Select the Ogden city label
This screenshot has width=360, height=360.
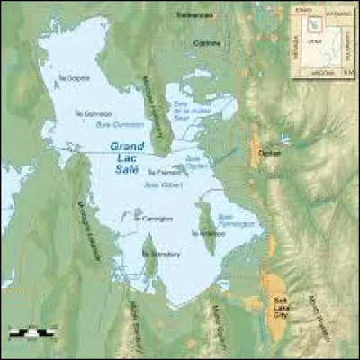(269, 153)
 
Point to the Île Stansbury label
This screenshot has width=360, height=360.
(157, 255)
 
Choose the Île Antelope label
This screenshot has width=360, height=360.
(206, 231)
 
